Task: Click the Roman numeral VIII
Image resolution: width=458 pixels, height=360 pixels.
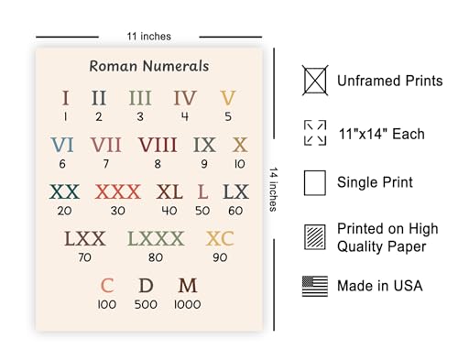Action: (x=158, y=145)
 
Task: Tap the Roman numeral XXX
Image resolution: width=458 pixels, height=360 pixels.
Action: (x=118, y=192)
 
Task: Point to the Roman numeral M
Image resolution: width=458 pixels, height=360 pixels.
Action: (x=188, y=286)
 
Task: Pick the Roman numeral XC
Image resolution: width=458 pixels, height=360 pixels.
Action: (x=220, y=240)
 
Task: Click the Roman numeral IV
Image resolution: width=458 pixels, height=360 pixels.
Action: (x=185, y=98)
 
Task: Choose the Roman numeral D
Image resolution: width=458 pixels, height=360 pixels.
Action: (x=147, y=286)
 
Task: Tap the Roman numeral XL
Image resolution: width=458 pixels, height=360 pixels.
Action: (x=169, y=192)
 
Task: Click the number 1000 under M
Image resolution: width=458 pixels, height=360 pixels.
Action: (x=188, y=304)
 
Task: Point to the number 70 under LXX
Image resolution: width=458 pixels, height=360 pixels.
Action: (x=84, y=257)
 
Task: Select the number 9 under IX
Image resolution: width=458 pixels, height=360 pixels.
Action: (x=205, y=163)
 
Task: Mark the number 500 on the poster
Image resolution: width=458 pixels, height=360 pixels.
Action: (x=147, y=304)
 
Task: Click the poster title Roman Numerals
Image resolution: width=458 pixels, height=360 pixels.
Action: (x=149, y=66)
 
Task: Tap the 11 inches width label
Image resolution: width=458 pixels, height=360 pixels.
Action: (x=149, y=37)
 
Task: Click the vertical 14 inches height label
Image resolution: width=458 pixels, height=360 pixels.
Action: (x=272, y=189)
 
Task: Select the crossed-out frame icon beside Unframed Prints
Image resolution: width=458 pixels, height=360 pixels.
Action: (x=315, y=81)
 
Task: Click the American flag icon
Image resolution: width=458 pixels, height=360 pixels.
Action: (x=315, y=287)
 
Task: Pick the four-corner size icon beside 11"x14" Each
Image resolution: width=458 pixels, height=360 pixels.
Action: (x=315, y=132)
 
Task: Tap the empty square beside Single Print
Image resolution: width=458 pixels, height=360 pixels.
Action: (x=315, y=182)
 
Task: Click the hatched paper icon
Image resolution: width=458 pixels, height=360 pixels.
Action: (x=315, y=235)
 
